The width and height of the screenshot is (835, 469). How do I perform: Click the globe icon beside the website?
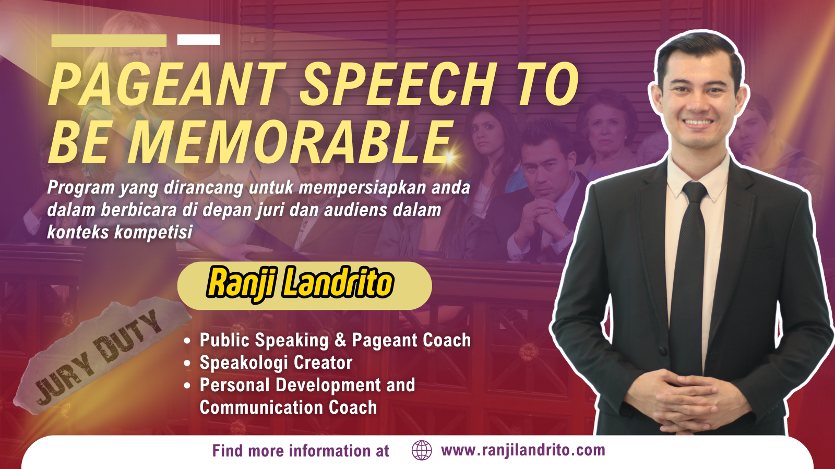422,450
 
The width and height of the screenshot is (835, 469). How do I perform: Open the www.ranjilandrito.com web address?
523,450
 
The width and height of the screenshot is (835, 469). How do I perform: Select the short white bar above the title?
199,40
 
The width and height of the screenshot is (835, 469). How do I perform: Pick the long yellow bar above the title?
109,41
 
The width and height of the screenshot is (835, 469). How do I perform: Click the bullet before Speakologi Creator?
187,363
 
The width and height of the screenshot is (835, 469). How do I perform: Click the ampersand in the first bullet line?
340,340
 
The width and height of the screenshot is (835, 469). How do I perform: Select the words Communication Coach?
288,407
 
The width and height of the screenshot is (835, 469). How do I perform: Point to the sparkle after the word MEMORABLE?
449,157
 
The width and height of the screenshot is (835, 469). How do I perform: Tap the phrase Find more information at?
301,451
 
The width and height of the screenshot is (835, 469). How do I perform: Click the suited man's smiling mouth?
698,123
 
